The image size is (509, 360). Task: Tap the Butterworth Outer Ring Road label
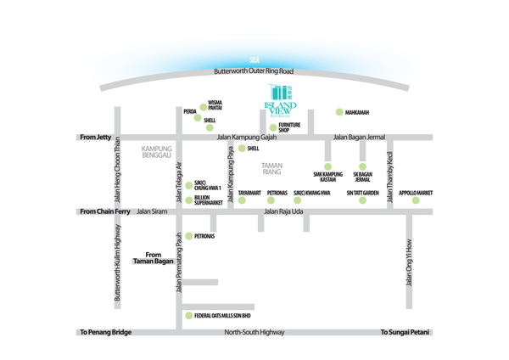(x=253, y=71)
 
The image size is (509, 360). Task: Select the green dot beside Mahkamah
(x=338, y=112)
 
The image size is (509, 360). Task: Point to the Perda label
(x=190, y=111)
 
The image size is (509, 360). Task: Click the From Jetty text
(x=95, y=136)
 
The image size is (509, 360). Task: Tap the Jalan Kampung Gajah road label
(x=247, y=136)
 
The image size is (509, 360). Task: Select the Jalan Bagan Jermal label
(x=359, y=136)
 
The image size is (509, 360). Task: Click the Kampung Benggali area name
(x=157, y=152)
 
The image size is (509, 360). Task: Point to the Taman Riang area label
(x=272, y=168)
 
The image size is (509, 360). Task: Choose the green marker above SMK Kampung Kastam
(x=327, y=166)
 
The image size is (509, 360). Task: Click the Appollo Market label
(x=416, y=193)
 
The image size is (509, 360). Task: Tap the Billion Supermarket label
(x=208, y=200)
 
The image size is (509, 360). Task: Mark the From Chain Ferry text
(x=103, y=211)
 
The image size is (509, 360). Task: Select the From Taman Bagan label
(x=153, y=257)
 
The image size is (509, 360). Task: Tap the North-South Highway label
(x=255, y=332)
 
